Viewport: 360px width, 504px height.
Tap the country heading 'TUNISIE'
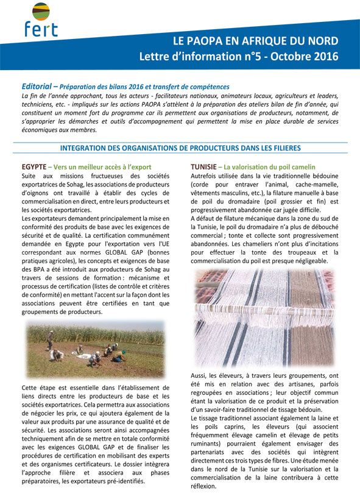pyautogui.click(x=204, y=166)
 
